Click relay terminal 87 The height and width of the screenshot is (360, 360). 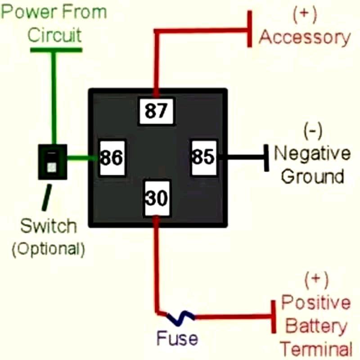click(x=156, y=111)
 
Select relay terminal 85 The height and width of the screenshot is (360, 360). click(x=203, y=157)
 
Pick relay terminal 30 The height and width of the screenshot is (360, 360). click(x=157, y=198)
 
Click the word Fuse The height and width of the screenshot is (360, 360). click(x=177, y=338)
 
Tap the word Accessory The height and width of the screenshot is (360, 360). click(x=304, y=38)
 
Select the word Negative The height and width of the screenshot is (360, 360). click(x=312, y=153)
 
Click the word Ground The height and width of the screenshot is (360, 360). click(x=312, y=176)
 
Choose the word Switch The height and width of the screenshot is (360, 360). click(x=48, y=226)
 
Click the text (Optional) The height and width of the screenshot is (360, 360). click(x=48, y=249)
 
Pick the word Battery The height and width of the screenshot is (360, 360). click(x=316, y=326)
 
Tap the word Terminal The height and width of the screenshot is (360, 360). click(x=316, y=349)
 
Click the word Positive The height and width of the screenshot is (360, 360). click(x=316, y=302)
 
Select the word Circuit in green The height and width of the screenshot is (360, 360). click(x=55, y=35)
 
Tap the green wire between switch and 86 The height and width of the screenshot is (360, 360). click(x=82, y=158)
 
